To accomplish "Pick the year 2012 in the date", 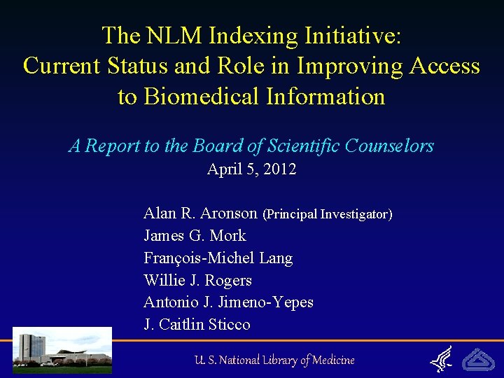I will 280,169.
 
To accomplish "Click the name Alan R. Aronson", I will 201,213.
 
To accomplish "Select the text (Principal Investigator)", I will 327,213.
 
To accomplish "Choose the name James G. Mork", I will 195,235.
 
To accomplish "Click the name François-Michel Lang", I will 218,258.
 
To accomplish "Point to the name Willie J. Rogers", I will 197,280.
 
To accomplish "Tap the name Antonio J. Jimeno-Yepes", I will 228,302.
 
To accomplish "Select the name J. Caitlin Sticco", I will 197,325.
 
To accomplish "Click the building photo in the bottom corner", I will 62,349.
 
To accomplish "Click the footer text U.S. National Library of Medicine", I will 275,360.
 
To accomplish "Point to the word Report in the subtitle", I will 111,146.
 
